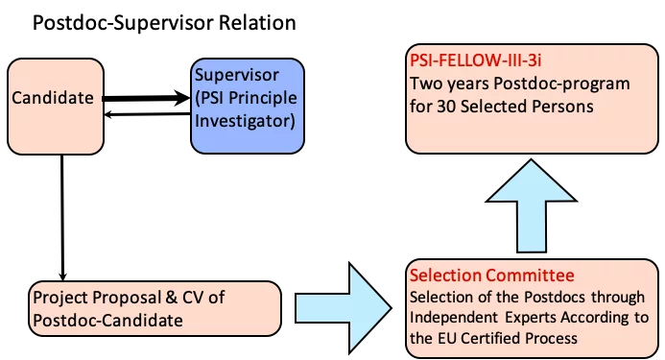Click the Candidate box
point(56,106)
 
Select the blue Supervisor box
point(248,106)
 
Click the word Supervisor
point(235,75)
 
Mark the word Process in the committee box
point(556,338)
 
